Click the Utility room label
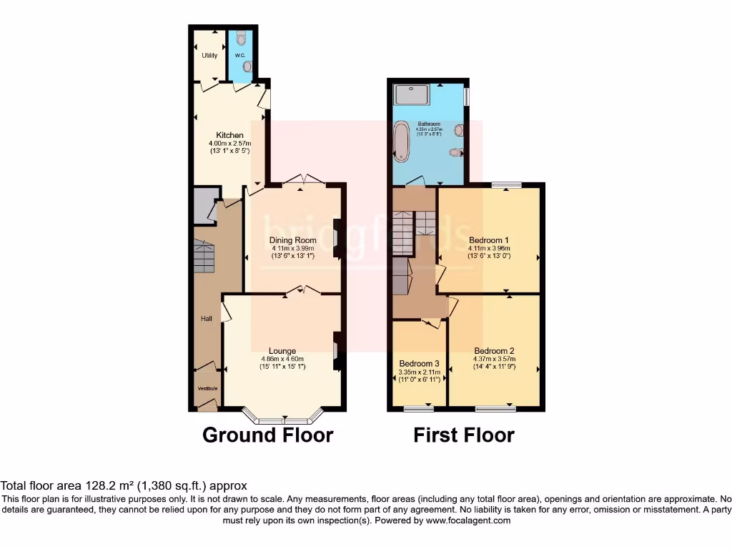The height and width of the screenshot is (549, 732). (209, 55)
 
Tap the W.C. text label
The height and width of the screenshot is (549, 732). (240, 55)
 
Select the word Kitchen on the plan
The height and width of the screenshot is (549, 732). (230, 135)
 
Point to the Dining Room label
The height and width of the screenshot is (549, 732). (292, 240)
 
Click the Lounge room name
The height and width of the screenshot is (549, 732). (282, 351)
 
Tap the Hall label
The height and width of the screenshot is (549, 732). (206, 319)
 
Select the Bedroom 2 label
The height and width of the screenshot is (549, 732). (494, 351)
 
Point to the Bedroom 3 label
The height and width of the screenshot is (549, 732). (419, 362)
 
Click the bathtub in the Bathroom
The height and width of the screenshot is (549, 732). (401, 141)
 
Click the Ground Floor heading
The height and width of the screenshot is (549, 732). (267, 435)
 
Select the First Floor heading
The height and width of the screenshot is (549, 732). (463, 435)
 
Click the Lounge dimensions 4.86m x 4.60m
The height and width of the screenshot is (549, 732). (282, 359)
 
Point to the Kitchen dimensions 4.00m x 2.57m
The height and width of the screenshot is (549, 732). (230, 143)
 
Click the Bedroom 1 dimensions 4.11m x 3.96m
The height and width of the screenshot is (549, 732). (489, 247)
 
